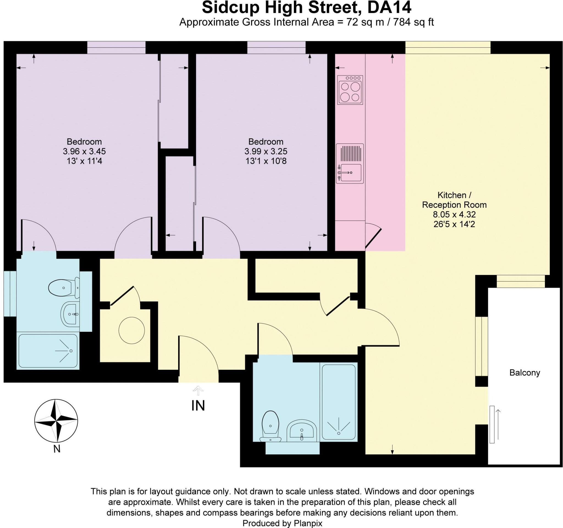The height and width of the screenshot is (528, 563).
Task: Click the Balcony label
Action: pos(525,373)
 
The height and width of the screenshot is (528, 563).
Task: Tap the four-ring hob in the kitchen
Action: pos(350,90)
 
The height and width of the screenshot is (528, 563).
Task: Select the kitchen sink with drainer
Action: pos(350,164)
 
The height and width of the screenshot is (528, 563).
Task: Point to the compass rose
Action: pos(56,421)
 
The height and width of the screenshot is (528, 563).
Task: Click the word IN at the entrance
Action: pos(198,406)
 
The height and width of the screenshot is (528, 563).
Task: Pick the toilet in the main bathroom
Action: pos(271,426)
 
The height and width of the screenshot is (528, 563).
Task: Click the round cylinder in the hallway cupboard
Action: pos(132,330)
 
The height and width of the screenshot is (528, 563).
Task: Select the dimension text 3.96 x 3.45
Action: pos(84,151)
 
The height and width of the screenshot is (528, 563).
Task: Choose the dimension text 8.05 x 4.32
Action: pos(454,214)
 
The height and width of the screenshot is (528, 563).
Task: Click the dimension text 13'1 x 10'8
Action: pos(266,161)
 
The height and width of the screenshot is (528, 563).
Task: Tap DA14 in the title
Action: pos(389,8)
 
